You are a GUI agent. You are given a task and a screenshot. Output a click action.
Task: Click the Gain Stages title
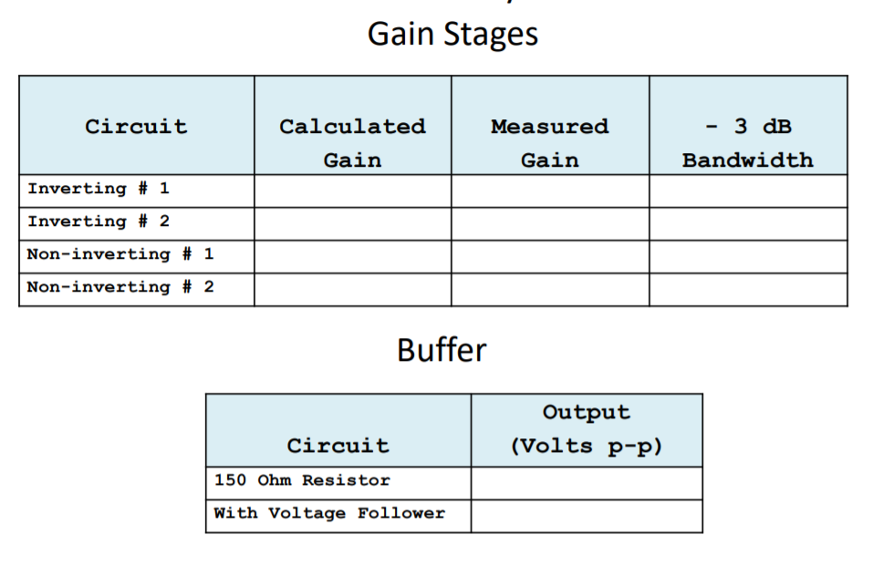pos(452,35)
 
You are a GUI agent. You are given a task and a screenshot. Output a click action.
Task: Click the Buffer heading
pos(442,350)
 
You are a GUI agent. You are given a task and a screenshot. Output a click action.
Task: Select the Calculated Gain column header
pos(352,142)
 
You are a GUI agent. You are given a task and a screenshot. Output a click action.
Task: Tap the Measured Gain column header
pos(549,142)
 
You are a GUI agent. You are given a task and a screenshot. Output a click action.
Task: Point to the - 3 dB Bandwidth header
pos(747,142)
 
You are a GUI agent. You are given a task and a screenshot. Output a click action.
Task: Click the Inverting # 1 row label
pos(98,189)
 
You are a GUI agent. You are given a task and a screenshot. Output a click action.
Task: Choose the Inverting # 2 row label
pos(98,221)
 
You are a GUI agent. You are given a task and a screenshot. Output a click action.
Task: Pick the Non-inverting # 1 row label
pos(120,254)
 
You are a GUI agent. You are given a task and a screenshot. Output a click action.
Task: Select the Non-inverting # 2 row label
pos(120,287)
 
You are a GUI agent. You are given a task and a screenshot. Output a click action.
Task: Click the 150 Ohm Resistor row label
pos(302,480)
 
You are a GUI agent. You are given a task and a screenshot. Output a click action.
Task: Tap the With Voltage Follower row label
pos(329,513)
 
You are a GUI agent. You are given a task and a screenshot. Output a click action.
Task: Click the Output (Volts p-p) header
pos(587,428)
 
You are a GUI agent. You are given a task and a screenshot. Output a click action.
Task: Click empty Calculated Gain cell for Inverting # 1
pos(352,190)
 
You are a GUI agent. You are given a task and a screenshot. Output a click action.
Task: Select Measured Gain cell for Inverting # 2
pos(550,223)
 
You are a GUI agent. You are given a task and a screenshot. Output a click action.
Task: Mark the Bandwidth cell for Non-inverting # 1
pos(748,256)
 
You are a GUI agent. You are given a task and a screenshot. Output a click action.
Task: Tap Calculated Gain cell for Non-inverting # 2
pos(352,289)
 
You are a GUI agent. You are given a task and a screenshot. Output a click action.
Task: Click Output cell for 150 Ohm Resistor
pos(587,483)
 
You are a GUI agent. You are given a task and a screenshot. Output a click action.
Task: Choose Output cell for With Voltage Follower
pos(587,516)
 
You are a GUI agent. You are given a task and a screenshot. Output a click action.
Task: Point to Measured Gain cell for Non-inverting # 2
pos(550,289)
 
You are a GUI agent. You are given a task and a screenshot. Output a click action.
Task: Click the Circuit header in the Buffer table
pos(338,446)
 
